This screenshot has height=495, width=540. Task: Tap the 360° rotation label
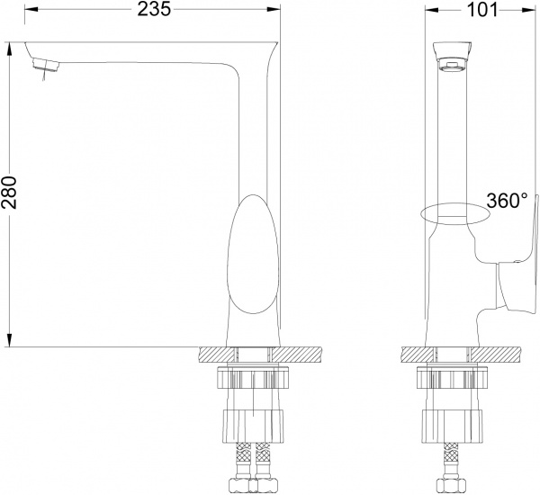(x=507, y=200)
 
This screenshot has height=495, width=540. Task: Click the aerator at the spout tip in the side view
(x=44, y=64)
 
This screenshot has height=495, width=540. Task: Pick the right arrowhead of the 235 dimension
(x=271, y=11)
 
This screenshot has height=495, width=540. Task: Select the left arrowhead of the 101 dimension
(x=429, y=11)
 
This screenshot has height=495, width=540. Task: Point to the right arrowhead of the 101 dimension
(x=525, y=11)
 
